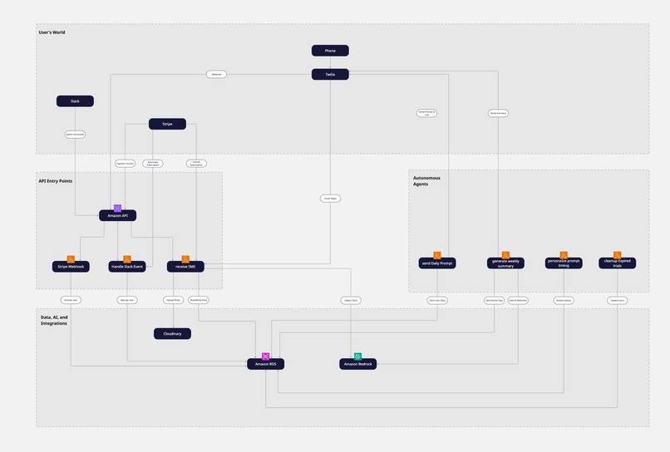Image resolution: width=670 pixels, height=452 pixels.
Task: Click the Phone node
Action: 330,51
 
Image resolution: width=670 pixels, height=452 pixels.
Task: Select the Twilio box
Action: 330,75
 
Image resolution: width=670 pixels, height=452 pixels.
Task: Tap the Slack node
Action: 75,101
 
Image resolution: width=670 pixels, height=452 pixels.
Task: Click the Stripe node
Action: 167,125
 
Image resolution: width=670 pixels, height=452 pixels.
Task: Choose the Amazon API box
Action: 117,216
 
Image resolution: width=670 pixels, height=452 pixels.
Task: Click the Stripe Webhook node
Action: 71,267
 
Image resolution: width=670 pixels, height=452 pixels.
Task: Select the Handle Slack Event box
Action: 127,267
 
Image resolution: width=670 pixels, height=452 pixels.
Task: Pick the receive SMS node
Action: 185,267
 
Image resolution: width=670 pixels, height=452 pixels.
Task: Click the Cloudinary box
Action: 172,334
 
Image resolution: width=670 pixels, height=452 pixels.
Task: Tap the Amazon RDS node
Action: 265,364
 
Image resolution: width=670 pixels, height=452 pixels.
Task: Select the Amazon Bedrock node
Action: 358,364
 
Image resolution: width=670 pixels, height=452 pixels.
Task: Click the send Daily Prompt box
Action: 437,263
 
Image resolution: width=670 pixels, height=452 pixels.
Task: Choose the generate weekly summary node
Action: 505,263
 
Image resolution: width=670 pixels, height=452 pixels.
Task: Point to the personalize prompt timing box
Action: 564,263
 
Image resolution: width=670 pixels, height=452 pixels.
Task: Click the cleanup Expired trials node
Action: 618,263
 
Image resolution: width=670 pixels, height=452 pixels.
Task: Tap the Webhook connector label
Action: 216,75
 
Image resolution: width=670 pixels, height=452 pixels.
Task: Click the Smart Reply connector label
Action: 330,199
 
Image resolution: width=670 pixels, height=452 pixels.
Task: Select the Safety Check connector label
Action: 350,300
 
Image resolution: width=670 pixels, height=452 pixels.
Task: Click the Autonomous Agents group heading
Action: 426,180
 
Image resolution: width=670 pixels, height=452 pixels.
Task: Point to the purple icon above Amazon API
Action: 117,208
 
